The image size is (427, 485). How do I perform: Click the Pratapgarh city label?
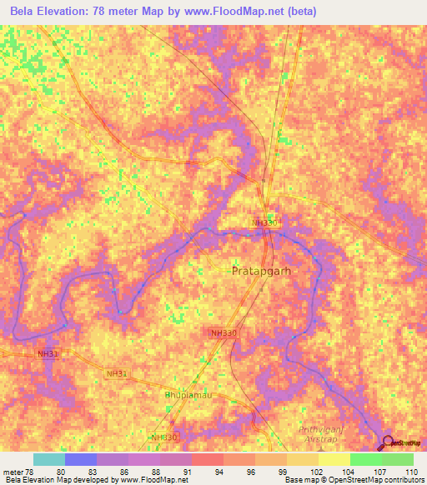click(259, 271)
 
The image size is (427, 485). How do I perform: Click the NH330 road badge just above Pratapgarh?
click(264, 222)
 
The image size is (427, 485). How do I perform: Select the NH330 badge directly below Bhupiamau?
click(165, 437)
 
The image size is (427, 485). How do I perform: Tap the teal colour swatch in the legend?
click(49, 459)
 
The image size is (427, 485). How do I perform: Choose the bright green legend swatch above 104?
click(365, 459)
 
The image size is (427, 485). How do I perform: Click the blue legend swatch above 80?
click(81, 459)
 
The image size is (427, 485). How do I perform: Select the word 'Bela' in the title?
click(26, 10)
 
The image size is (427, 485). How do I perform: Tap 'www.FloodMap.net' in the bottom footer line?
click(154, 480)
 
